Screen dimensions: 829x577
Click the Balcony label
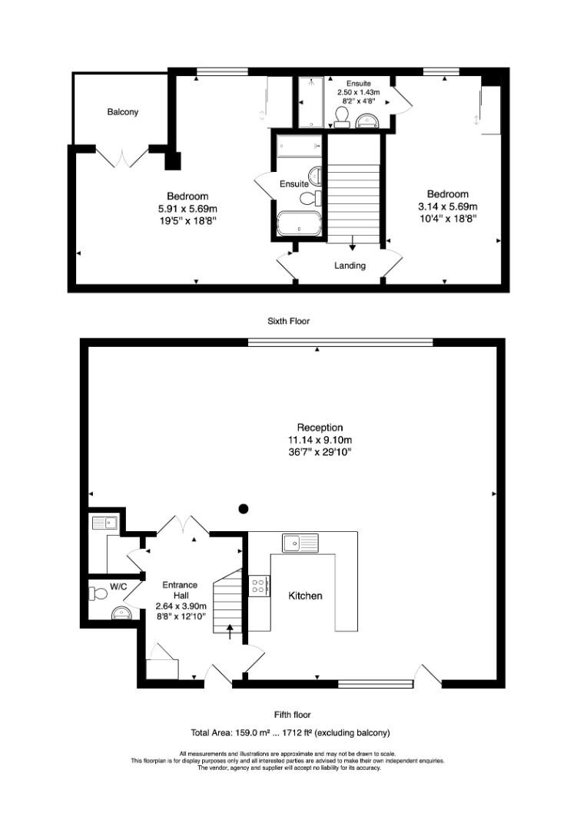tap(123, 112)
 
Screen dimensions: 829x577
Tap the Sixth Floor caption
tap(288, 321)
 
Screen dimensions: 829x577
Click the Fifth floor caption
tap(292, 715)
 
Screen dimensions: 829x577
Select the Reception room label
tap(320, 428)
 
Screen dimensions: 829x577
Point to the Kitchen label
tap(305, 596)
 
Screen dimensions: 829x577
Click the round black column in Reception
tap(244, 508)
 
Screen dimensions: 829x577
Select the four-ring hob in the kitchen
tap(260, 586)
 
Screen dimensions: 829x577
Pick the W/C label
tap(118, 586)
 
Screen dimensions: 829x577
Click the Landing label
tap(350, 266)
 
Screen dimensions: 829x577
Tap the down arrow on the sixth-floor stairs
tap(353, 246)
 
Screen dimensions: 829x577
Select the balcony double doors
tap(121, 157)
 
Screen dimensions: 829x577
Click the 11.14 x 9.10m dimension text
tap(320, 440)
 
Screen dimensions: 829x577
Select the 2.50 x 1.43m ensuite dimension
tap(358, 91)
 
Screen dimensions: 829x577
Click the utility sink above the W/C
tap(103, 523)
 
